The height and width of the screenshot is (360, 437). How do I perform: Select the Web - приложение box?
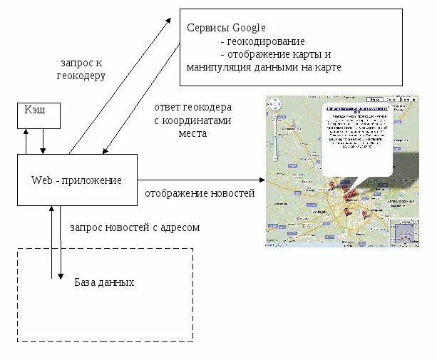(76, 180)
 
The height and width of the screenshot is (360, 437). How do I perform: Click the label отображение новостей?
(200, 193)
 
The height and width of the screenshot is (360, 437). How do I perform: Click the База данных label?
(104, 282)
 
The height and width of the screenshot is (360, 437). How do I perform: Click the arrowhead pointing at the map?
(259, 180)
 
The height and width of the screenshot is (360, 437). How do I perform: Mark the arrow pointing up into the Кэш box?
(26, 133)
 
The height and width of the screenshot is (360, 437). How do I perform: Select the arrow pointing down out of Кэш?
(43, 149)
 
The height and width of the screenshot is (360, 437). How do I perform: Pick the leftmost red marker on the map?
(331, 185)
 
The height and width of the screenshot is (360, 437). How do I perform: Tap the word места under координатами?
(192, 133)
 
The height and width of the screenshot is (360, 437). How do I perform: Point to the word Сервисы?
(207, 28)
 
